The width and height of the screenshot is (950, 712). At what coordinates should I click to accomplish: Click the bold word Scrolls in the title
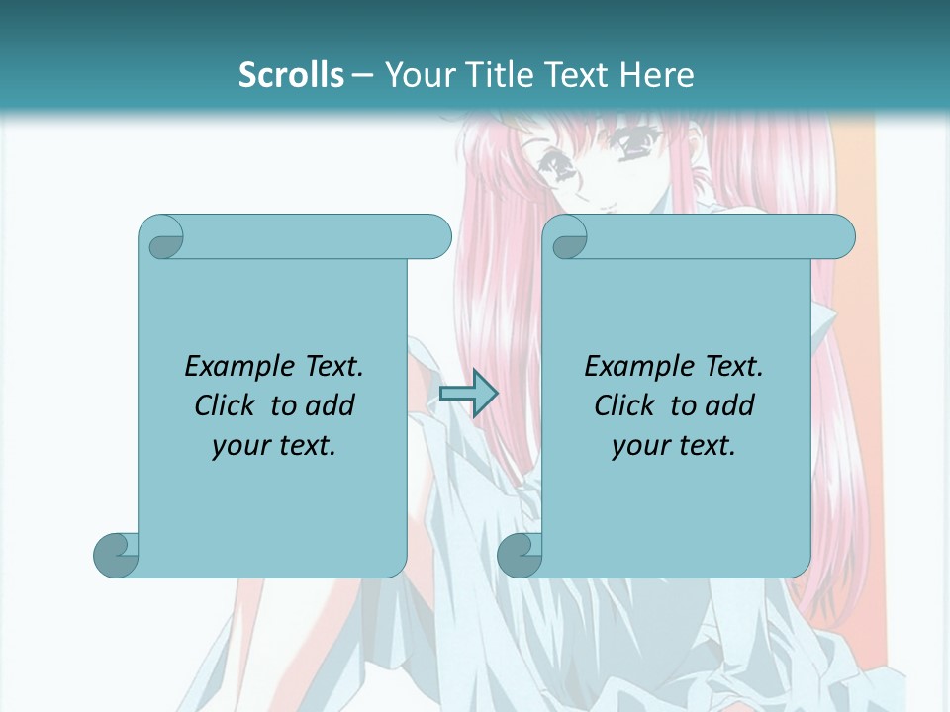pyautogui.click(x=292, y=75)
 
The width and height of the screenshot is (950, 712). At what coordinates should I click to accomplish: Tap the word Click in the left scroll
pyautogui.click(x=224, y=405)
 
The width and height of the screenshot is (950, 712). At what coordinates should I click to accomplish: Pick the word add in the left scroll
pyautogui.click(x=331, y=405)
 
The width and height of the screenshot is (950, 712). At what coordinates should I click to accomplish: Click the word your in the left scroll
pyautogui.click(x=240, y=446)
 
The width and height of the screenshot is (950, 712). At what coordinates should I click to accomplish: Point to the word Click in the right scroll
pyautogui.click(x=623, y=405)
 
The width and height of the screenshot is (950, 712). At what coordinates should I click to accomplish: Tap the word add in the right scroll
pyautogui.click(x=730, y=405)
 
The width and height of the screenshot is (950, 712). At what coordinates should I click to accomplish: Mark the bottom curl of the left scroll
pyautogui.click(x=115, y=555)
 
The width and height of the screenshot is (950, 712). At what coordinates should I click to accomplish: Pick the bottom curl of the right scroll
pyautogui.click(x=519, y=555)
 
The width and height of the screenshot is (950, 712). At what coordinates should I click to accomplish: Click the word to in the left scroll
pyautogui.click(x=283, y=405)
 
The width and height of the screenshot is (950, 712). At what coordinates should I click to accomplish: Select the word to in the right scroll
pyautogui.click(x=683, y=405)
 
